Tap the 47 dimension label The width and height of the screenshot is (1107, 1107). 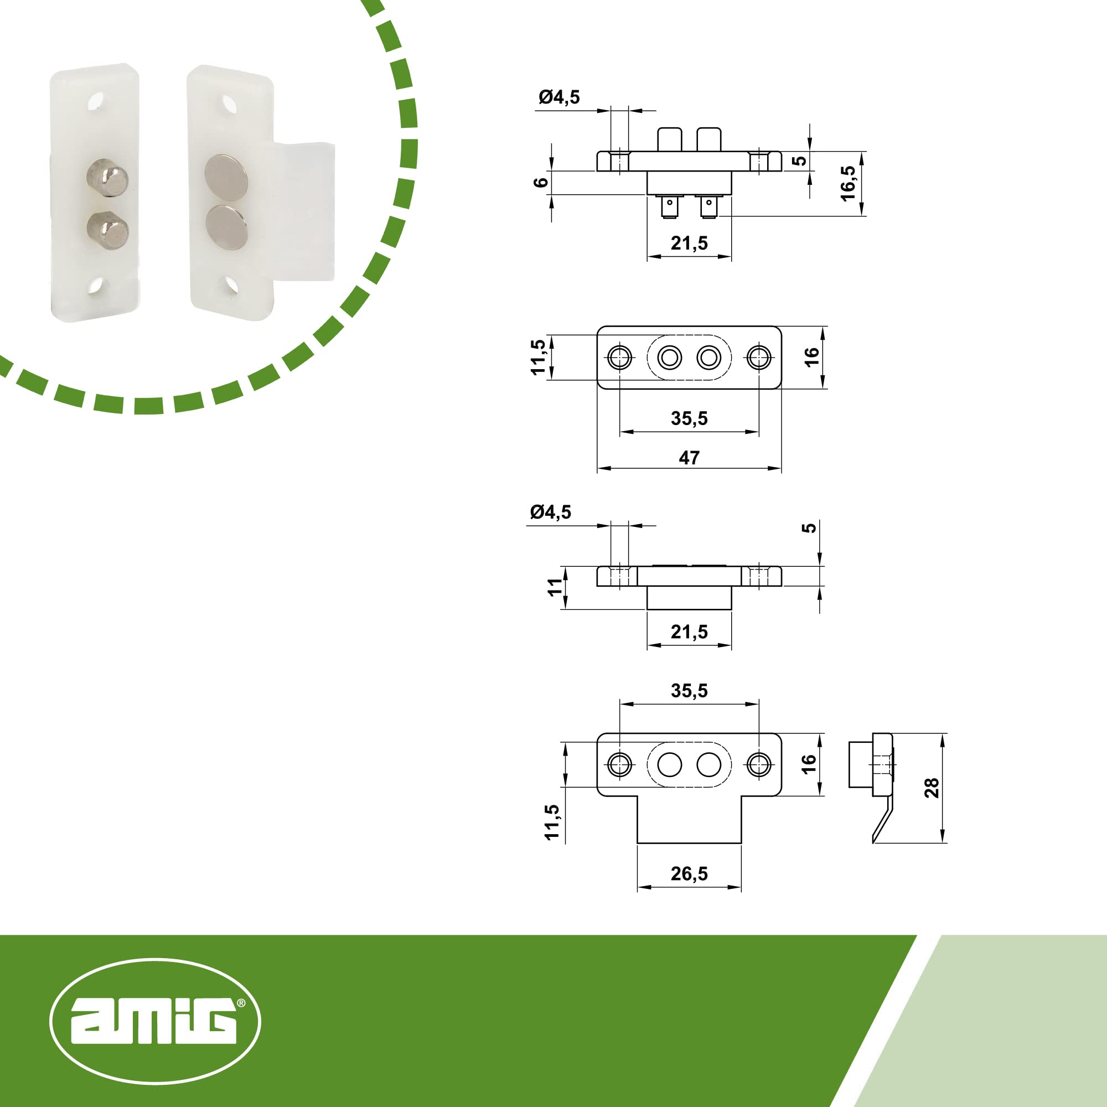click(x=689, y=458)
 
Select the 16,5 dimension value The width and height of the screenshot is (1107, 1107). click(x=848, y=183)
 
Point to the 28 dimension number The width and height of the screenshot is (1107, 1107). click(x=932, y=788)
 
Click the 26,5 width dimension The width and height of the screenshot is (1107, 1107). click(x=689, y=874)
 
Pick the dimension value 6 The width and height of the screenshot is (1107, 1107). click(x=541, y=182)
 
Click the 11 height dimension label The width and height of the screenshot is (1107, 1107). click(x=555, y=587)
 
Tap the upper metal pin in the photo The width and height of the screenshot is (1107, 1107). click(x=107, y=178)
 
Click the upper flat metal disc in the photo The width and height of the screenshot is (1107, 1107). click(x=226, y=177)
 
